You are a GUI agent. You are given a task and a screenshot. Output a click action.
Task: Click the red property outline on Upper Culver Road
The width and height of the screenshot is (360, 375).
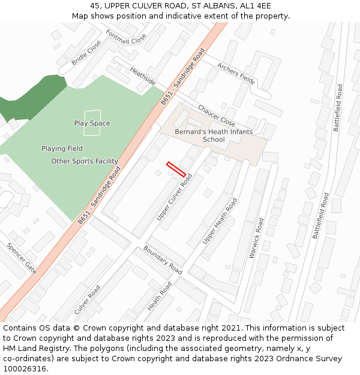[176, 169]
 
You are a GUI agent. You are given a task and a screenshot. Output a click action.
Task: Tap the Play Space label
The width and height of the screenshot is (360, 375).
[92, 124]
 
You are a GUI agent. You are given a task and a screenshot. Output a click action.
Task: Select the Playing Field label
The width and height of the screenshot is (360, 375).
[62, 148]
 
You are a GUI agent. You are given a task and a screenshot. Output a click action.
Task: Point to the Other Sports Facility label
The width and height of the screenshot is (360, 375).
[84, 161]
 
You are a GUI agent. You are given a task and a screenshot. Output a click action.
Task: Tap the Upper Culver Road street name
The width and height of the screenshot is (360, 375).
[174, 197]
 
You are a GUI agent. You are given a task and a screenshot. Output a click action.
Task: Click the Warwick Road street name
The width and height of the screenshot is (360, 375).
[256, 238]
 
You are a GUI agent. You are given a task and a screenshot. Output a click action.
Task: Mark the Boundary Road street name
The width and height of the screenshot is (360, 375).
[163, 260]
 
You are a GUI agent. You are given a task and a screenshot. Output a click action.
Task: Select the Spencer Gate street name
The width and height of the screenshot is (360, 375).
[22, 259]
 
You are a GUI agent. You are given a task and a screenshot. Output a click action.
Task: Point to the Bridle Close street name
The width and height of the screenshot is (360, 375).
[86, 53]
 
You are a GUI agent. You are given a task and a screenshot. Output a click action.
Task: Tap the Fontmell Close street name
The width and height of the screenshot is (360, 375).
[126, 38]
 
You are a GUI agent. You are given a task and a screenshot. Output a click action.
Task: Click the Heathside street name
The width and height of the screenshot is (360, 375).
[142, 76]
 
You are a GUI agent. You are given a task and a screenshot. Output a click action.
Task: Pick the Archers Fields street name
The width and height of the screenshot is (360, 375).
[236, 73]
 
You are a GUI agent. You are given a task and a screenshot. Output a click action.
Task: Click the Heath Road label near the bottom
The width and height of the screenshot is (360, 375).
[160, 296]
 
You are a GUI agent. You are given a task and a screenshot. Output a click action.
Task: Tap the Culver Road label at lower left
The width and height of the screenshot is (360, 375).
[87, 300]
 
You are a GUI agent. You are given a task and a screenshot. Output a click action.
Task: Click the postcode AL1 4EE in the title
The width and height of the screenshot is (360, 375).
[257, 6]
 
